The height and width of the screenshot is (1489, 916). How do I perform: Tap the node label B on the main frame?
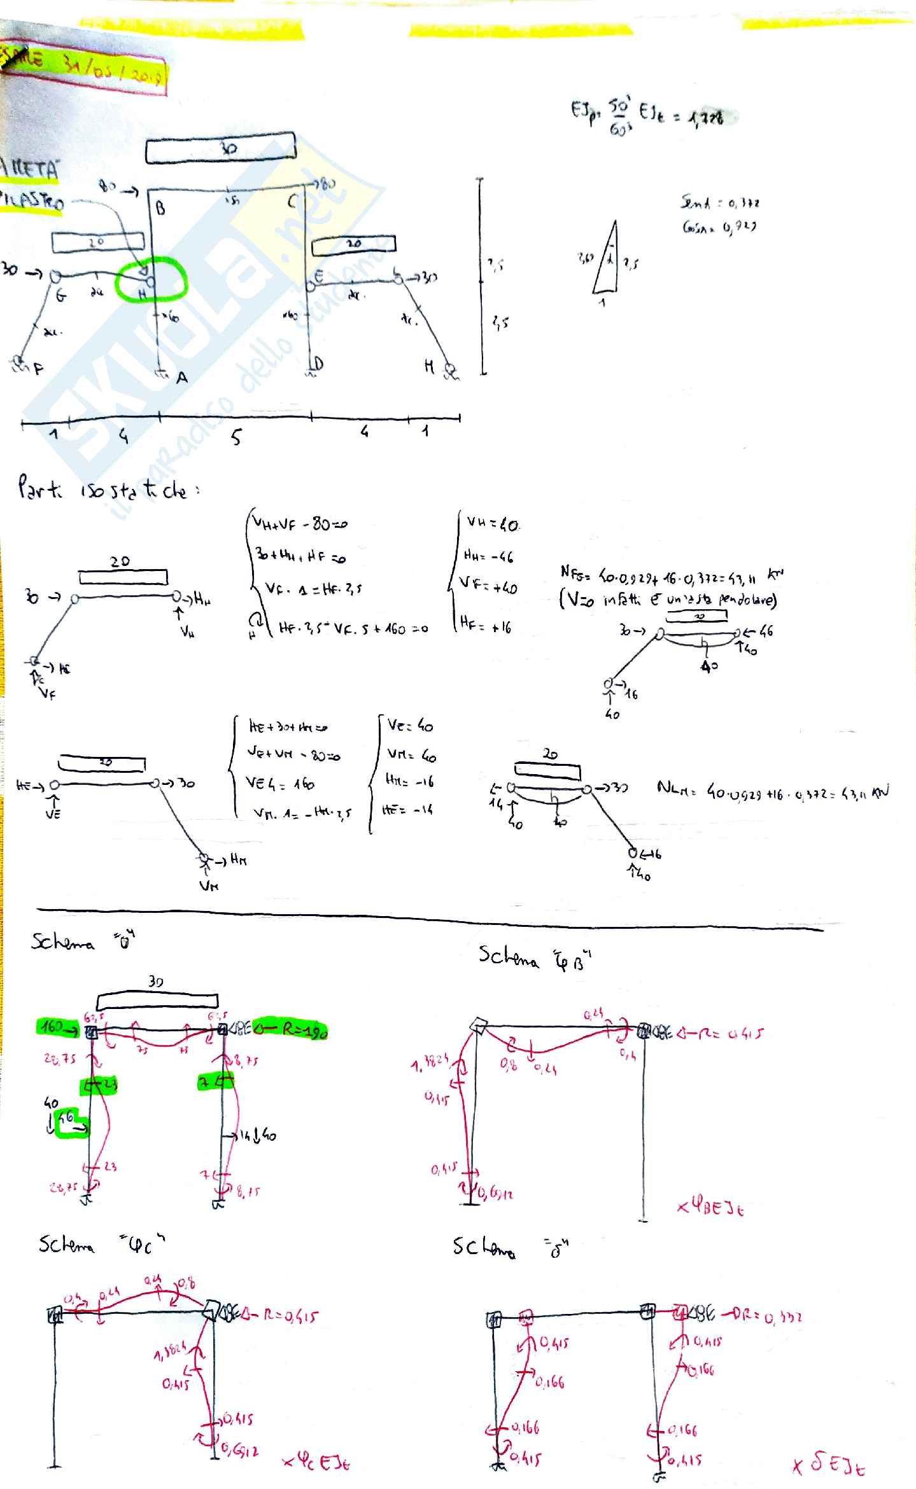click(161, 208)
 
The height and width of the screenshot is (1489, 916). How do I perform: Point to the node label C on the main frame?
click(292, 202)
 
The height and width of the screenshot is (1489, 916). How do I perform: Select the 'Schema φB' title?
click(535, 957)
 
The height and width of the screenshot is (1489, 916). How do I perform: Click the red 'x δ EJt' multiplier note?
click(828, 1465)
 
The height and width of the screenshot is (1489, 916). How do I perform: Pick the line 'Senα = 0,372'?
click(719, 203)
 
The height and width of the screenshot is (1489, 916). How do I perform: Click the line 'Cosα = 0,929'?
click(719, 227)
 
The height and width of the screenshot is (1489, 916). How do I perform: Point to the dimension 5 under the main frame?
click(236, 438)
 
